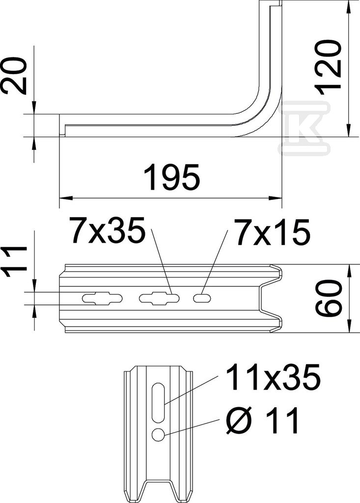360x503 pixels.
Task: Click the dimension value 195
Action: [172, 176]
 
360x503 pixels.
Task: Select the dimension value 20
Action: [14, 76]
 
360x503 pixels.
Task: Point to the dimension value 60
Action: [328, 298]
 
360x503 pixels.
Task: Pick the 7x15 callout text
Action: [272, 232]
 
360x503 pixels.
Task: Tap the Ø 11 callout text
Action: [263, 420]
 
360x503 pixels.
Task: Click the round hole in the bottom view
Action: [159, 435]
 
